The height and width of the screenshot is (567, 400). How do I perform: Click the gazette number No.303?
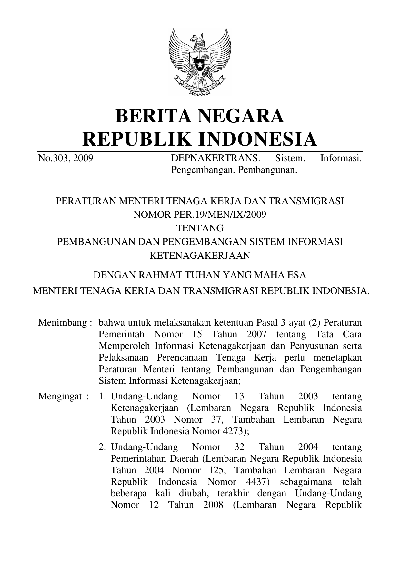pos(53,158)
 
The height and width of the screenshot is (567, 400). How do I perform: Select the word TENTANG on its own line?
pos(200,228)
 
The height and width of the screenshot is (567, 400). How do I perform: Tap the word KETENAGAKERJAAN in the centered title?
pos(200,255)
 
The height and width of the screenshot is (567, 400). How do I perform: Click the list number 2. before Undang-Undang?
pos(103,447)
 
